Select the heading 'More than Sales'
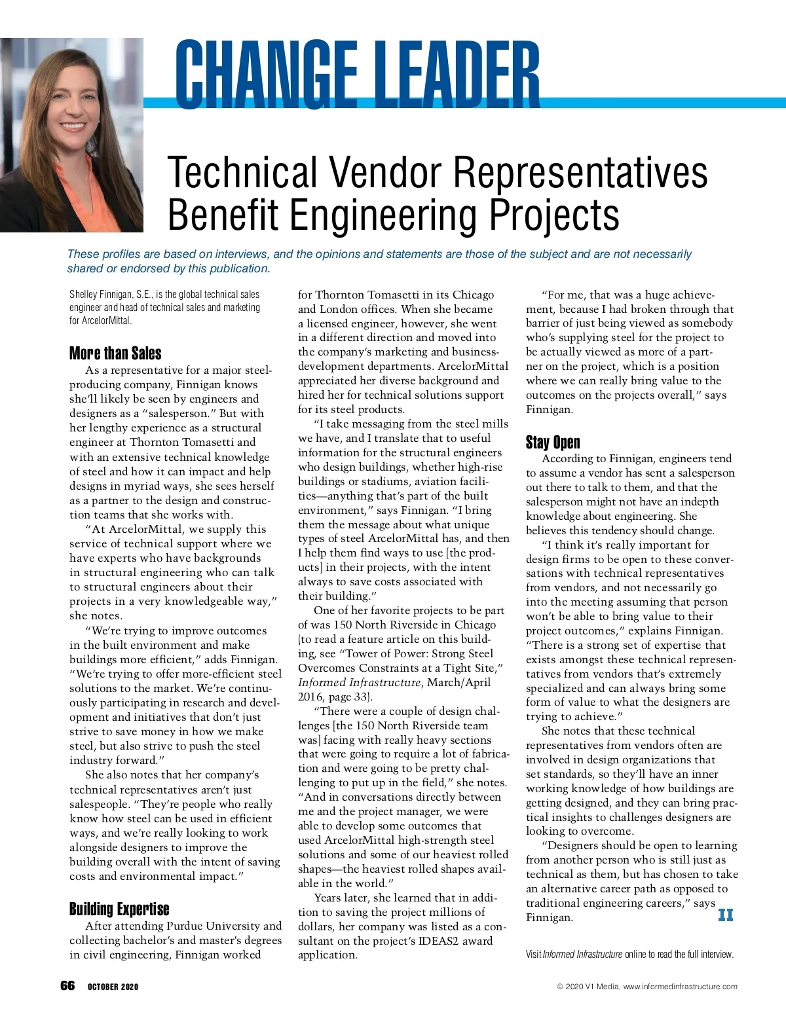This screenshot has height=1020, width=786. [x=115, y=354]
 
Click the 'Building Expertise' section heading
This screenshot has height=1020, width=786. [x=119, y=909]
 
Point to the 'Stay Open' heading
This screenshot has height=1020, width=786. [x=553, y=443]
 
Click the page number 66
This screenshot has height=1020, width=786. [x=67, y=986]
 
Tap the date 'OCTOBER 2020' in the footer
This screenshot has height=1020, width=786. [x=113, y=987]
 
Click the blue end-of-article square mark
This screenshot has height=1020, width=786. [x=726, y=915]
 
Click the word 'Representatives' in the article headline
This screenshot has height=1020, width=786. [x=580, y=172]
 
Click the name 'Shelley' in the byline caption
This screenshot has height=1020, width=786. [x=83, y=295]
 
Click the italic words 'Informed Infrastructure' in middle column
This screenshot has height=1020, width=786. [x=359, y=682]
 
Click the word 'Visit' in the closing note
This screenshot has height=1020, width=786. [x=533, y=955]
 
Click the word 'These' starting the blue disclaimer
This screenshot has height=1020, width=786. [x=83, y=254]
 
